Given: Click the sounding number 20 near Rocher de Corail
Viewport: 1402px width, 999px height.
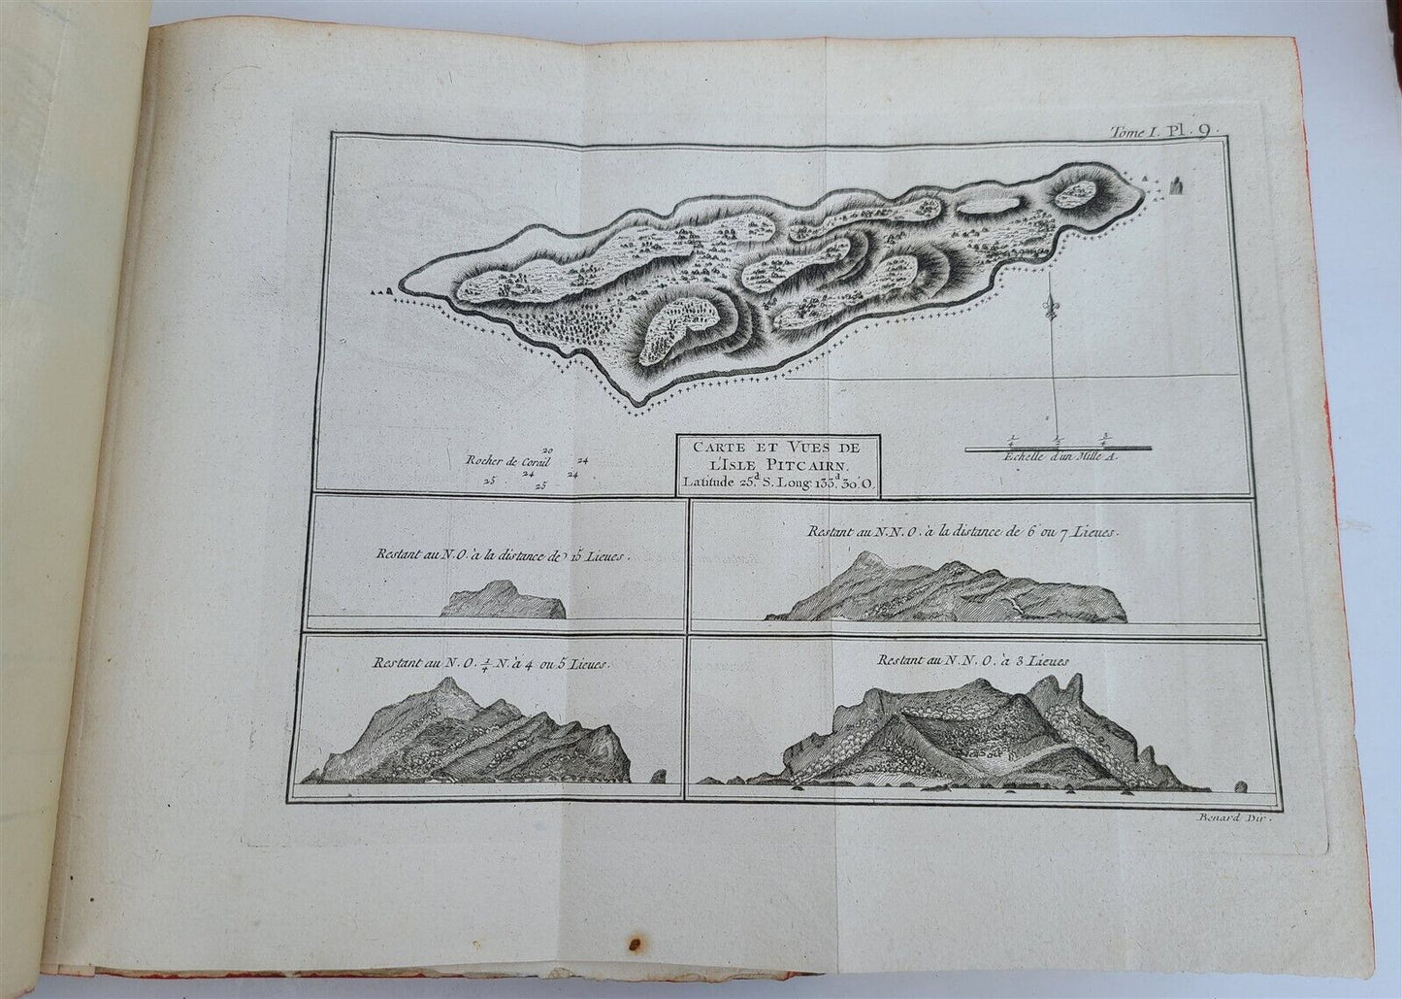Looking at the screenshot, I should [x=548, y=450].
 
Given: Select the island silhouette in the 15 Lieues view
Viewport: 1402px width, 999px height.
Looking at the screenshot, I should [x=503, y=599].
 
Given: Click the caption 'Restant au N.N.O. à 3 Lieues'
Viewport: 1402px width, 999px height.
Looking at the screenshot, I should [x=973, y=660].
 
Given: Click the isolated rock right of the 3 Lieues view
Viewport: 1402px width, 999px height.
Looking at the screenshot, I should [x=1239, y=784].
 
